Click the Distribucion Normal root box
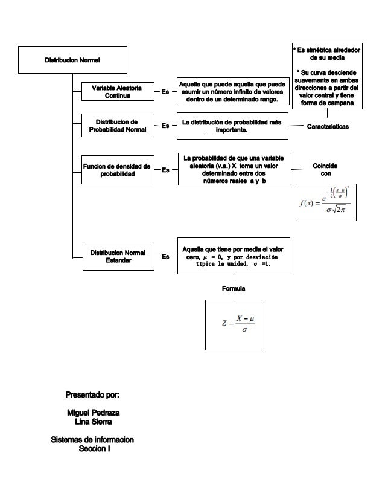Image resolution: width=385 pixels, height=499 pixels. click(73, 60)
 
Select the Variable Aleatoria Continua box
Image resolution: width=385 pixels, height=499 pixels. click(117, 92)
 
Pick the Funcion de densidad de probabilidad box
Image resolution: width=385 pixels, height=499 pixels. click(117, 170)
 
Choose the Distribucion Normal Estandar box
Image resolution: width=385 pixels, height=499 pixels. click(117, 256)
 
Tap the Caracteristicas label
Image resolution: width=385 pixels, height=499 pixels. click(328, 126)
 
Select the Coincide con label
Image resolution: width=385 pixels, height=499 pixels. click(326, 170)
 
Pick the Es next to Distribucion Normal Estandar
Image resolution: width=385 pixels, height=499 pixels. click(165, 257)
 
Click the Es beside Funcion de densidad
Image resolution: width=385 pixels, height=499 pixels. click(165, 170)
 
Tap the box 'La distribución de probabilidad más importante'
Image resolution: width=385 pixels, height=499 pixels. click(232, 126)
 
